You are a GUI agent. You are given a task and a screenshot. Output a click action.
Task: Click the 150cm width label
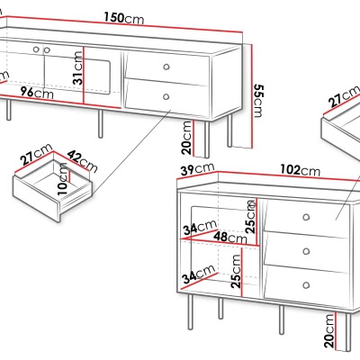coord(124,18)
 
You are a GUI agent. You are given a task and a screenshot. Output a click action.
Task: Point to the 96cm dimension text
coord(37,93)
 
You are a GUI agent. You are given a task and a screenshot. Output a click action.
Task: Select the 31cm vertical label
coord(77,68)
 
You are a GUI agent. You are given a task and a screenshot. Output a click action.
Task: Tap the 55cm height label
coord(259,101)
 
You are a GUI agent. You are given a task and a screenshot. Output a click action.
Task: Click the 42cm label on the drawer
coord(82,161)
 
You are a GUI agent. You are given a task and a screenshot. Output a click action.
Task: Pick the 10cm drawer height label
coord(62,179)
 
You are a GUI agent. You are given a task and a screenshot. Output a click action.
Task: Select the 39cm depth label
coord(197,169)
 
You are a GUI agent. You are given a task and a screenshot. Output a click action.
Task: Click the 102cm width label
coord(301,170)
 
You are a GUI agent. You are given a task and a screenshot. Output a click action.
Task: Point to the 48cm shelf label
coord(230,238)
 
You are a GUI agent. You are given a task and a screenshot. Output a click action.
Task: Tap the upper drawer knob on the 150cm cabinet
coord(166,67)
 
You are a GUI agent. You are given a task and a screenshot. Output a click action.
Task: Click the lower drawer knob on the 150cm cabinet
coord(166,96)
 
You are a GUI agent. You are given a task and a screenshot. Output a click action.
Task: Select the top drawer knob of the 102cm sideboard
coord(306,217)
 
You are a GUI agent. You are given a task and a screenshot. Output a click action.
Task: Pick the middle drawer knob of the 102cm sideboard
coord(306,251)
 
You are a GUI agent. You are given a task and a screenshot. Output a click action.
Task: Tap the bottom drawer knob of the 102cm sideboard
coord(306,285)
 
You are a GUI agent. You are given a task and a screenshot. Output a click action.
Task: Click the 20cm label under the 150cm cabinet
coord(186,138)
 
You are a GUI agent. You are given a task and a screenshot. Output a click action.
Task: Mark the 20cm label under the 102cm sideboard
coord(329,330)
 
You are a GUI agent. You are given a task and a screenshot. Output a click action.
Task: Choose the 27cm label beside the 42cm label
coord(36,154)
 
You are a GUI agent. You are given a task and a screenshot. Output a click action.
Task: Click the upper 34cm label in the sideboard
coord(200,227)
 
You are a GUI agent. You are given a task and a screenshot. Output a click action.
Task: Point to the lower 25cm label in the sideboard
coord(236,272)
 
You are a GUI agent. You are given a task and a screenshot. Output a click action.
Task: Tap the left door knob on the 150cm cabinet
coord(36,49)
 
